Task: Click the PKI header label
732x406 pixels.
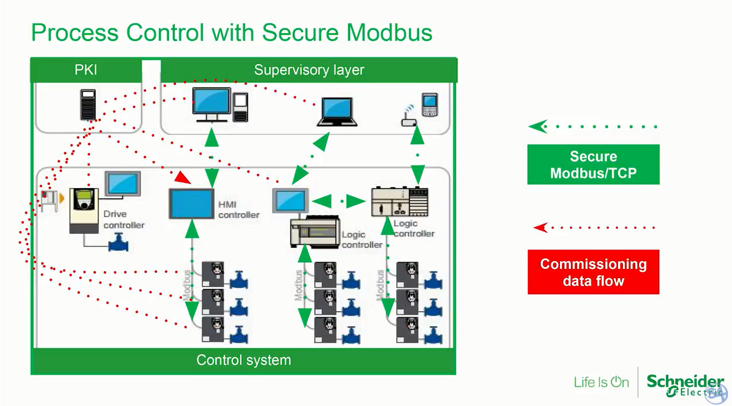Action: [x=85, y=70]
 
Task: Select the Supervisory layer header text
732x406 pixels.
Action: [x=309, y=70]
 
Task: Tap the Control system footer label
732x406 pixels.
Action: [x=243, y=360]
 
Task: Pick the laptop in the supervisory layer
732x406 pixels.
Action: [x=337, y=112]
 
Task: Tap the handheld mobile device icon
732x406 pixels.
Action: [x=429, y=105]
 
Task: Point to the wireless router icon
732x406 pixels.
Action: [x=408, y=118]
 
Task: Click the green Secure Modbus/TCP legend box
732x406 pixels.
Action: [x=593, y=165]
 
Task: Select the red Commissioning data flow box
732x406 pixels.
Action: [x=593, y=272]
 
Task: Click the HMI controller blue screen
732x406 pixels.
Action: [x=192, y=204]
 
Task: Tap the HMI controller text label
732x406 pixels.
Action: [x=238, y=209]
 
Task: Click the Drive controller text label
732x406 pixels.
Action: [x=124, y=220]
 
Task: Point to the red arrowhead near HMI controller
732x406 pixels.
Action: [x=182, y=178]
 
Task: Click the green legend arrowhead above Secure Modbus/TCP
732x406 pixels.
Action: [x=538, y=127]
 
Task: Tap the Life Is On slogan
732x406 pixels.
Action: [x=601, y=382]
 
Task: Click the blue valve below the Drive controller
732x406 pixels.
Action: [x=119, y=243]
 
